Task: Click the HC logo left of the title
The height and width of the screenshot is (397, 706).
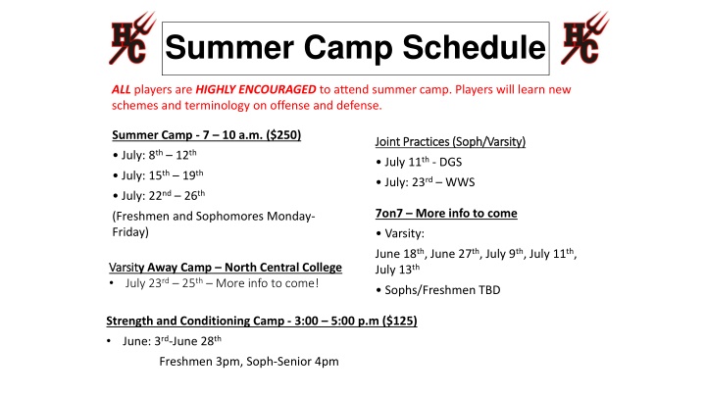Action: (132, 38)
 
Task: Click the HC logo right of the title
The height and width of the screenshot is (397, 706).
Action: (584, 38)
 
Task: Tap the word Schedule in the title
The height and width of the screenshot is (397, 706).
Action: (474, 47)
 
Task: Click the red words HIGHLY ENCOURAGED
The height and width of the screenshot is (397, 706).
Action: (256, 89)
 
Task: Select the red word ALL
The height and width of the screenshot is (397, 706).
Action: (122, 89)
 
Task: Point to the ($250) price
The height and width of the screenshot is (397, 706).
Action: (283, 135)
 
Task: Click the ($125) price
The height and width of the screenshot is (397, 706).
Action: (400, 321)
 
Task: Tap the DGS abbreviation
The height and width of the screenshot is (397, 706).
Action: (450, 162)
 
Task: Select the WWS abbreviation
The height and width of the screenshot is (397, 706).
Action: (460, 182)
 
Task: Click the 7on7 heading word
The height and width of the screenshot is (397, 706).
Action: (389, 214)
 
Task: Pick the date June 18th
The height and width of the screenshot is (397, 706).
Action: (400, 254)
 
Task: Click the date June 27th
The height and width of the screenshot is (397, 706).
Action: (455, 254)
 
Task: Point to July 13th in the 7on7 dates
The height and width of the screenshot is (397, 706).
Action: (397, 270)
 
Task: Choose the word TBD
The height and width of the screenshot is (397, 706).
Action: (489, 290)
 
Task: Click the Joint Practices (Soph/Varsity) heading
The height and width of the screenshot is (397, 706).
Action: (450, 142)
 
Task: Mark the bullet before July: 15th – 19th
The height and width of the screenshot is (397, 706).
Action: (116, 176)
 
